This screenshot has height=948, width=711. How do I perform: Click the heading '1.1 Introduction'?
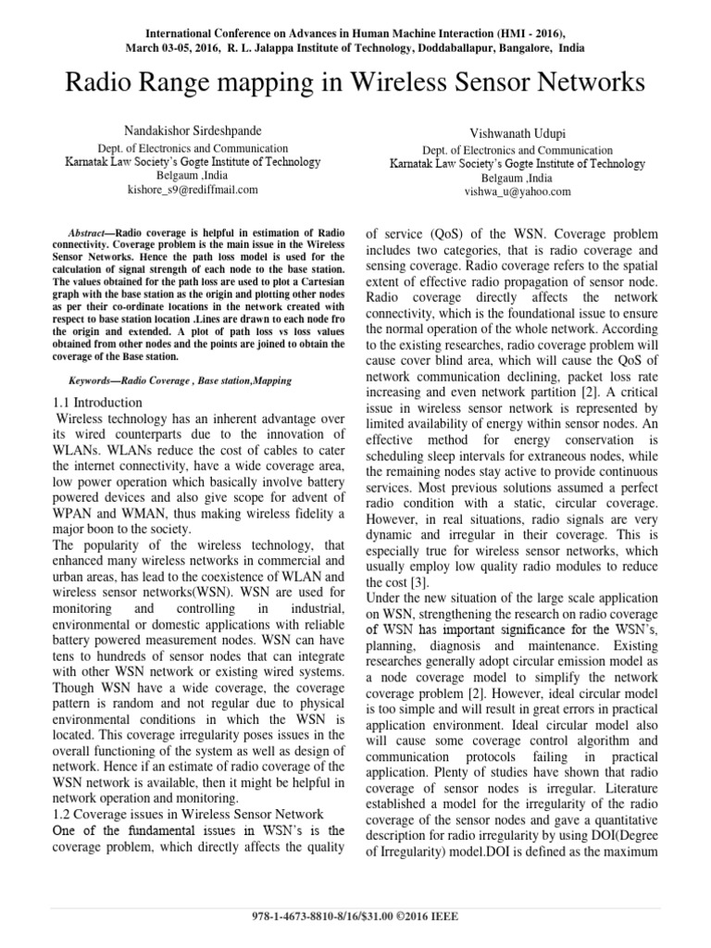97,403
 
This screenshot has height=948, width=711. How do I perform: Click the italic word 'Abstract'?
91,231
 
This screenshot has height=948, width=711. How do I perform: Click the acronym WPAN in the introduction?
73,512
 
